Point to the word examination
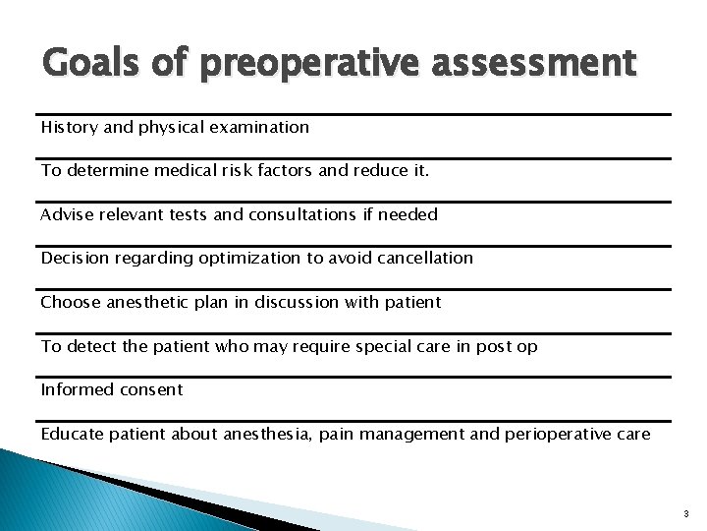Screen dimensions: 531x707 260,127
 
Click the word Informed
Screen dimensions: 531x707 77,389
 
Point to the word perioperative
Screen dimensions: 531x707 551,434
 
